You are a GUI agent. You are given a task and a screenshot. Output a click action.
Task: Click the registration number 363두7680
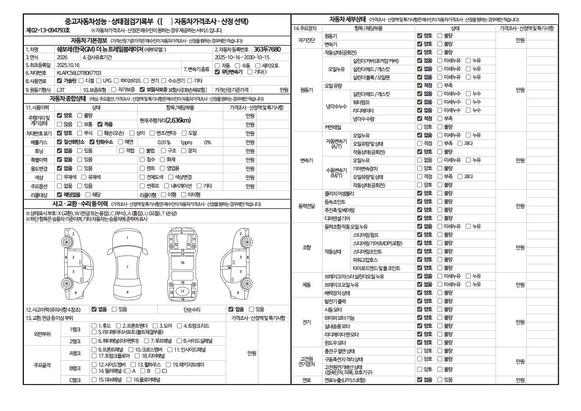(x=267, y=49)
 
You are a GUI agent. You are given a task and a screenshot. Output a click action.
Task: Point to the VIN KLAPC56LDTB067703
(x=79, y=73)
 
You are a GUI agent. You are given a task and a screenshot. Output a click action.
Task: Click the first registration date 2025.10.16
(x=68, y=65)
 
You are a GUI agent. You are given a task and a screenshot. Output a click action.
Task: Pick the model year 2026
(x=62, y=58)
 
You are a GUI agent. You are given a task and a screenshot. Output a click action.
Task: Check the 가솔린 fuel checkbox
(x=60, y=81)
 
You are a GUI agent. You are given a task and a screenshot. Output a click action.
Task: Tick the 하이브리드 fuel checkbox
(x=117, y=81)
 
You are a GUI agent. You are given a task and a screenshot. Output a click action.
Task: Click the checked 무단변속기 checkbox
(x=217, y=73)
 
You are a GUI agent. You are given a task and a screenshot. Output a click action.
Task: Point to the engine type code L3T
(x=61, y=90)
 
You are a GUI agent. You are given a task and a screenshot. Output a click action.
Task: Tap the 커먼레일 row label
(x=333, y=126)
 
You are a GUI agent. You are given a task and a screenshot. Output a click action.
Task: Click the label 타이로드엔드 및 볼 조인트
(x=376, y=268)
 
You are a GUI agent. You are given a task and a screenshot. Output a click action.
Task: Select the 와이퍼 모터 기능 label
(x=340, y=318)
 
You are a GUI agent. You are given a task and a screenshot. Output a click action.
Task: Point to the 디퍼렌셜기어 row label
(x=337, y=218)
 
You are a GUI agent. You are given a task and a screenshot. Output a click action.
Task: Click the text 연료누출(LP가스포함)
(x=345, y=380)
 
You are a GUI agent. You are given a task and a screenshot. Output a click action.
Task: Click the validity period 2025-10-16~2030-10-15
(x=242, y=58)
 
